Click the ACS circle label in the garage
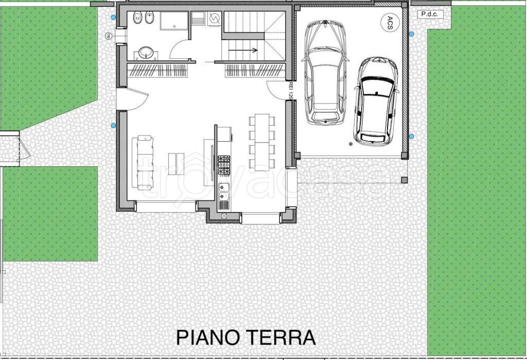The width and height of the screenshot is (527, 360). [388, 23]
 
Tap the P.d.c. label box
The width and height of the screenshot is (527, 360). [429, 14]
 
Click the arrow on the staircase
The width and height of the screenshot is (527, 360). [244, 50]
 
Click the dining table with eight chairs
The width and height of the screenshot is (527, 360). [262, 142]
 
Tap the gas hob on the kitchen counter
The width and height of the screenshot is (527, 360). [224, 165]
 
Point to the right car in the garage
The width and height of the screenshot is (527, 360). [376, 100]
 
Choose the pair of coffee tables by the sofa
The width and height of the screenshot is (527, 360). [176, 163]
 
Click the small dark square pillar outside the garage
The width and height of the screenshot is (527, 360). [404, 180]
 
